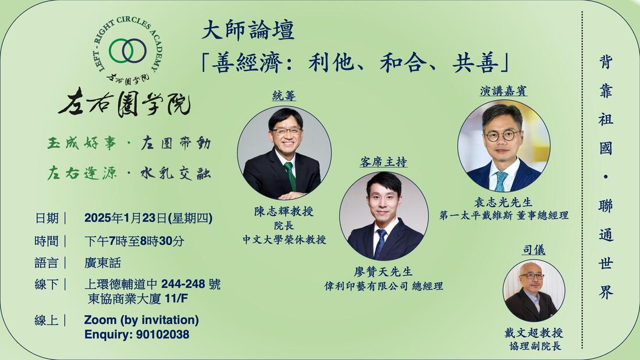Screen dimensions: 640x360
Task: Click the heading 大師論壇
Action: click(x=248, y=31)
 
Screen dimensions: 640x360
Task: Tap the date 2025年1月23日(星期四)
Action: click(x=148, y=218)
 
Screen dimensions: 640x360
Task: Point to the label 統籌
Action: click(x=284, y=96)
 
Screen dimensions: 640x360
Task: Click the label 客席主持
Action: click(x=383, y=162)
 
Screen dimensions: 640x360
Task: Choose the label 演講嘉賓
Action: click(x=503, y=91)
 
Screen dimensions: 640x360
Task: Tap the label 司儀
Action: click(x=534, y=249)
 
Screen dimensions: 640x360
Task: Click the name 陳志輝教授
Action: click(x=284, y=212)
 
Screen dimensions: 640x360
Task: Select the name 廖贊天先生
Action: click(x=383, y=272)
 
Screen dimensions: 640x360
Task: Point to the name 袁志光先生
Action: click(x=503, y=202)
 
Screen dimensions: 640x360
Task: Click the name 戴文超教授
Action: click(x=534, y=333)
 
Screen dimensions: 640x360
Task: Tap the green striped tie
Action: click(x=290, y=176)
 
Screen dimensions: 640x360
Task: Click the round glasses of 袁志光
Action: click(x=502, y=136)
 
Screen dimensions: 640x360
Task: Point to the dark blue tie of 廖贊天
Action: click(x=381, y=244)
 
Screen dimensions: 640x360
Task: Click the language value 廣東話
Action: click(x=102, y=263)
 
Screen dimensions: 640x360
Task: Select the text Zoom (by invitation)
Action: click(x=141, y=320)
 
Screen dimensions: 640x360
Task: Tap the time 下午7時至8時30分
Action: click(x=134, y=241)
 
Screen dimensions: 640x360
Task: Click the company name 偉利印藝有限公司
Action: click(x=366, y=287)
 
